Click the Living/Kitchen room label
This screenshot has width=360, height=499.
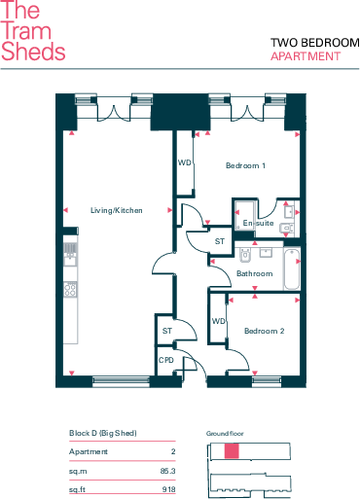117,210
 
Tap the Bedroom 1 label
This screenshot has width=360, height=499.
245,165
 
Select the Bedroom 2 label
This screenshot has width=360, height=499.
264,331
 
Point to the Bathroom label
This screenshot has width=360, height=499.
255,273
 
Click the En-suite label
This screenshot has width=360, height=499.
258,223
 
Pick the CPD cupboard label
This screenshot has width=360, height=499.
166,360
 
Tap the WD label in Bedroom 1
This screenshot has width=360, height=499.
185,162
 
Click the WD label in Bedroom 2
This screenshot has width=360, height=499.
219,321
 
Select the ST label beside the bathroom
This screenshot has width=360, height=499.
220,241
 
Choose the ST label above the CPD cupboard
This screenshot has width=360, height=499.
167,331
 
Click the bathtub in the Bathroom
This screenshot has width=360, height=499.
292,268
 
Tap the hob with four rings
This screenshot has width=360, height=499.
70,289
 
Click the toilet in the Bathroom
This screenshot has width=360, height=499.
245,254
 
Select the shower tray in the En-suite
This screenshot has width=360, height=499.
245,214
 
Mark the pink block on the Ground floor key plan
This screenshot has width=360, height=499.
232,451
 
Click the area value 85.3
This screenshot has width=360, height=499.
167,471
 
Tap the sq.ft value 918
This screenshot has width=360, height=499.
169,489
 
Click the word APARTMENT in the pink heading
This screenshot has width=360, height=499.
306,56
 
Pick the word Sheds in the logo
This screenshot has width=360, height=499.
33,52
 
